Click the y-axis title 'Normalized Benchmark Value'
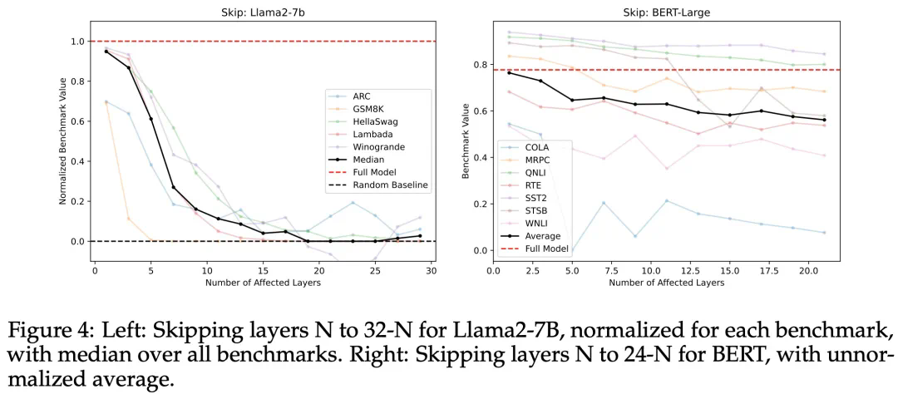click(63, 140)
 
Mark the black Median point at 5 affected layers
click(150, 119)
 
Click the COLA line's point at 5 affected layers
click(572, 250)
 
